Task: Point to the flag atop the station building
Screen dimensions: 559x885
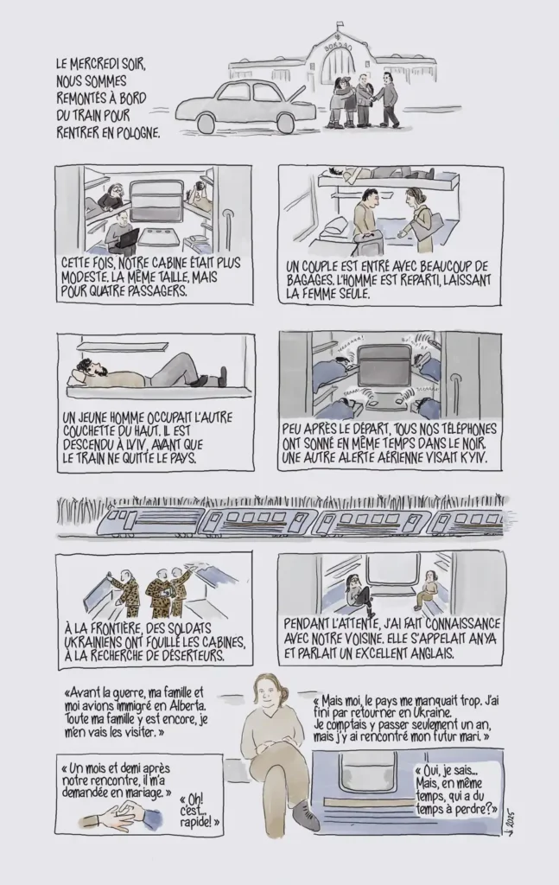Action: click(x=339, y=25)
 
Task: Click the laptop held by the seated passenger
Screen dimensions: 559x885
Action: click(x=130, y=239)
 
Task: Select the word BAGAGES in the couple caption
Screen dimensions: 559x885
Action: click(x=309, y=281)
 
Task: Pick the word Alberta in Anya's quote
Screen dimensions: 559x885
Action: click(x=187, y=706)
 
